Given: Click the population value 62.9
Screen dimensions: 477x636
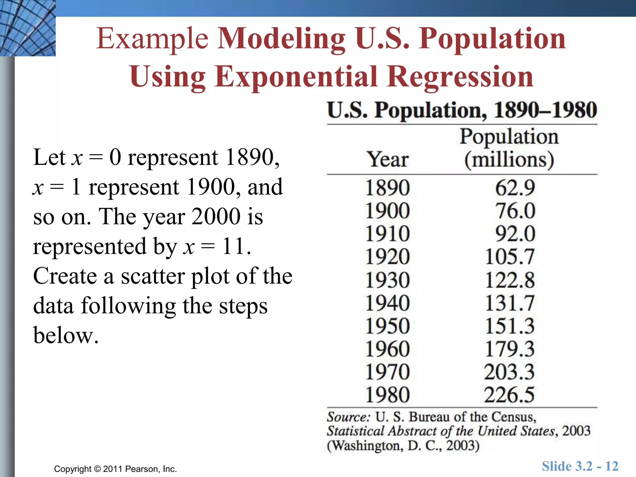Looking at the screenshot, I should pyautogui.click(x=515, y=188).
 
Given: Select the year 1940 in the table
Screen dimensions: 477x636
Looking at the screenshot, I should pyautogui.click(x=387, y=303).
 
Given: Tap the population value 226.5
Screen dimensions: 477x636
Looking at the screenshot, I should pyautogui.click(x=509, y=395).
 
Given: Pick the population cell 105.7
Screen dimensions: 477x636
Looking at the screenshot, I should pyautogui.click(x=509, y=257).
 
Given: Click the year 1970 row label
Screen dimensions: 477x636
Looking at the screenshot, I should pyautogui.click(x=387, y=372).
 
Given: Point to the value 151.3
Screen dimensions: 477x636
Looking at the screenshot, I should pyautogui.click(x=509, y=326).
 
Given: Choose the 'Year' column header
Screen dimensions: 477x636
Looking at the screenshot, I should pyautogui.click(x=388, y=159).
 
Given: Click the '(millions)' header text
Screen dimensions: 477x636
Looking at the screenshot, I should pyautogui.click(x=509, y=160).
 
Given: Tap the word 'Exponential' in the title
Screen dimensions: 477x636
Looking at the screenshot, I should pyautogui.click(x=296, y=77).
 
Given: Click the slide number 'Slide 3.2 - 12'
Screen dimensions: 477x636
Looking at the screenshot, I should pyautogui.click(x=580, y=466).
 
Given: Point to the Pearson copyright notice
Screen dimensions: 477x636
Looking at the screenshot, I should pyautogui.click(x=115, y=469).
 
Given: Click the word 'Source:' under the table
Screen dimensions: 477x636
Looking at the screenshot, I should pyautogui.click(x=348, y=417).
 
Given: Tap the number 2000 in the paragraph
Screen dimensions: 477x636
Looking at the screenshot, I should pyautogui.click(x=216, y=216).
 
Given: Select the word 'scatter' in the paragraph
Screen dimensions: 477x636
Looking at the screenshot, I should pyautogui.click(x=153, y=276).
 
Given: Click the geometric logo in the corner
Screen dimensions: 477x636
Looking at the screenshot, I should pyautogui.click(x=28, y=28).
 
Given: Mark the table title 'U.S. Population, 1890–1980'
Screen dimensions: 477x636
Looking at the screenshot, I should pyautogui.click(x=462, y=110).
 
